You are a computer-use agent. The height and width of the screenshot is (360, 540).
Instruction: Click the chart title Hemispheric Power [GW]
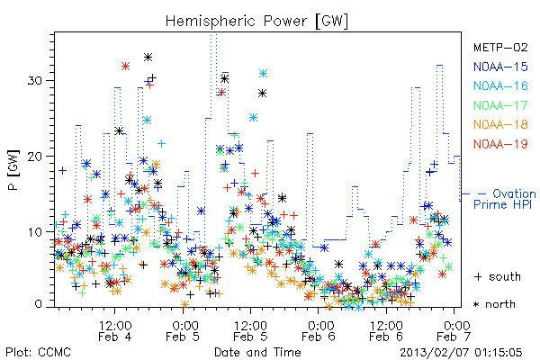[x=256, y=22]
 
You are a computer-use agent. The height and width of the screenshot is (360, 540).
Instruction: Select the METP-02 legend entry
[x=500, y=47]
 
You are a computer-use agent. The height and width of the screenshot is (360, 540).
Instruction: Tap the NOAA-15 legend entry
[x=500, y=67]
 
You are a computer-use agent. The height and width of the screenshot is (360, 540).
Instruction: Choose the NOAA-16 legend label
[x=500, y=85]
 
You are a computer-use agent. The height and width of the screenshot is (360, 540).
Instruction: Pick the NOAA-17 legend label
[x=500, y=105]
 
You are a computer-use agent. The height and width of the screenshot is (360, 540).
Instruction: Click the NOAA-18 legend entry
[x=500, y=124]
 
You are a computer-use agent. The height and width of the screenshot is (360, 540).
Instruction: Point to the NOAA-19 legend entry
[x=500, y=144]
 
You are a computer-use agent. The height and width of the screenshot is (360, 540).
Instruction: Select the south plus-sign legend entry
[x=498, y=276]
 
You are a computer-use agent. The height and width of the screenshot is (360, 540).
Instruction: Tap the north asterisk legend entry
[x=494, y=304]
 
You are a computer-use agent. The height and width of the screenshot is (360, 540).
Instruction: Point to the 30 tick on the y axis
[x=34, y=81]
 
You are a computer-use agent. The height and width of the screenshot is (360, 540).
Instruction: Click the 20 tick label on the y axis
[x=34, y=157]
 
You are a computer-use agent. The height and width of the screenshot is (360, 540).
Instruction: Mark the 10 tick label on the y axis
[x=34, y=232]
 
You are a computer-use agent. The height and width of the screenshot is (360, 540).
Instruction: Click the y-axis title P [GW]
[x=13, y=170]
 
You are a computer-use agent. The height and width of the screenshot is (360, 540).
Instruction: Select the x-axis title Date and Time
[x=257, y=352]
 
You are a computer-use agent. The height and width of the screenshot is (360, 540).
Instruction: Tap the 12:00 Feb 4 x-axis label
[x=115, y=330]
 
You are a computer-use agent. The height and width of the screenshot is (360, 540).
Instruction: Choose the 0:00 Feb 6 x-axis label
[x=319, y=330]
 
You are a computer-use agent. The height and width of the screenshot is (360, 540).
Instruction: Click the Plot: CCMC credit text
[x=38, y=352]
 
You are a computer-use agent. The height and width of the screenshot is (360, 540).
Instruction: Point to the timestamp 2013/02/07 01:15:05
[x=461, y=353]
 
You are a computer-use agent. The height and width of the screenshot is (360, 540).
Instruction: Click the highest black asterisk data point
[x=148, y=58]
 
